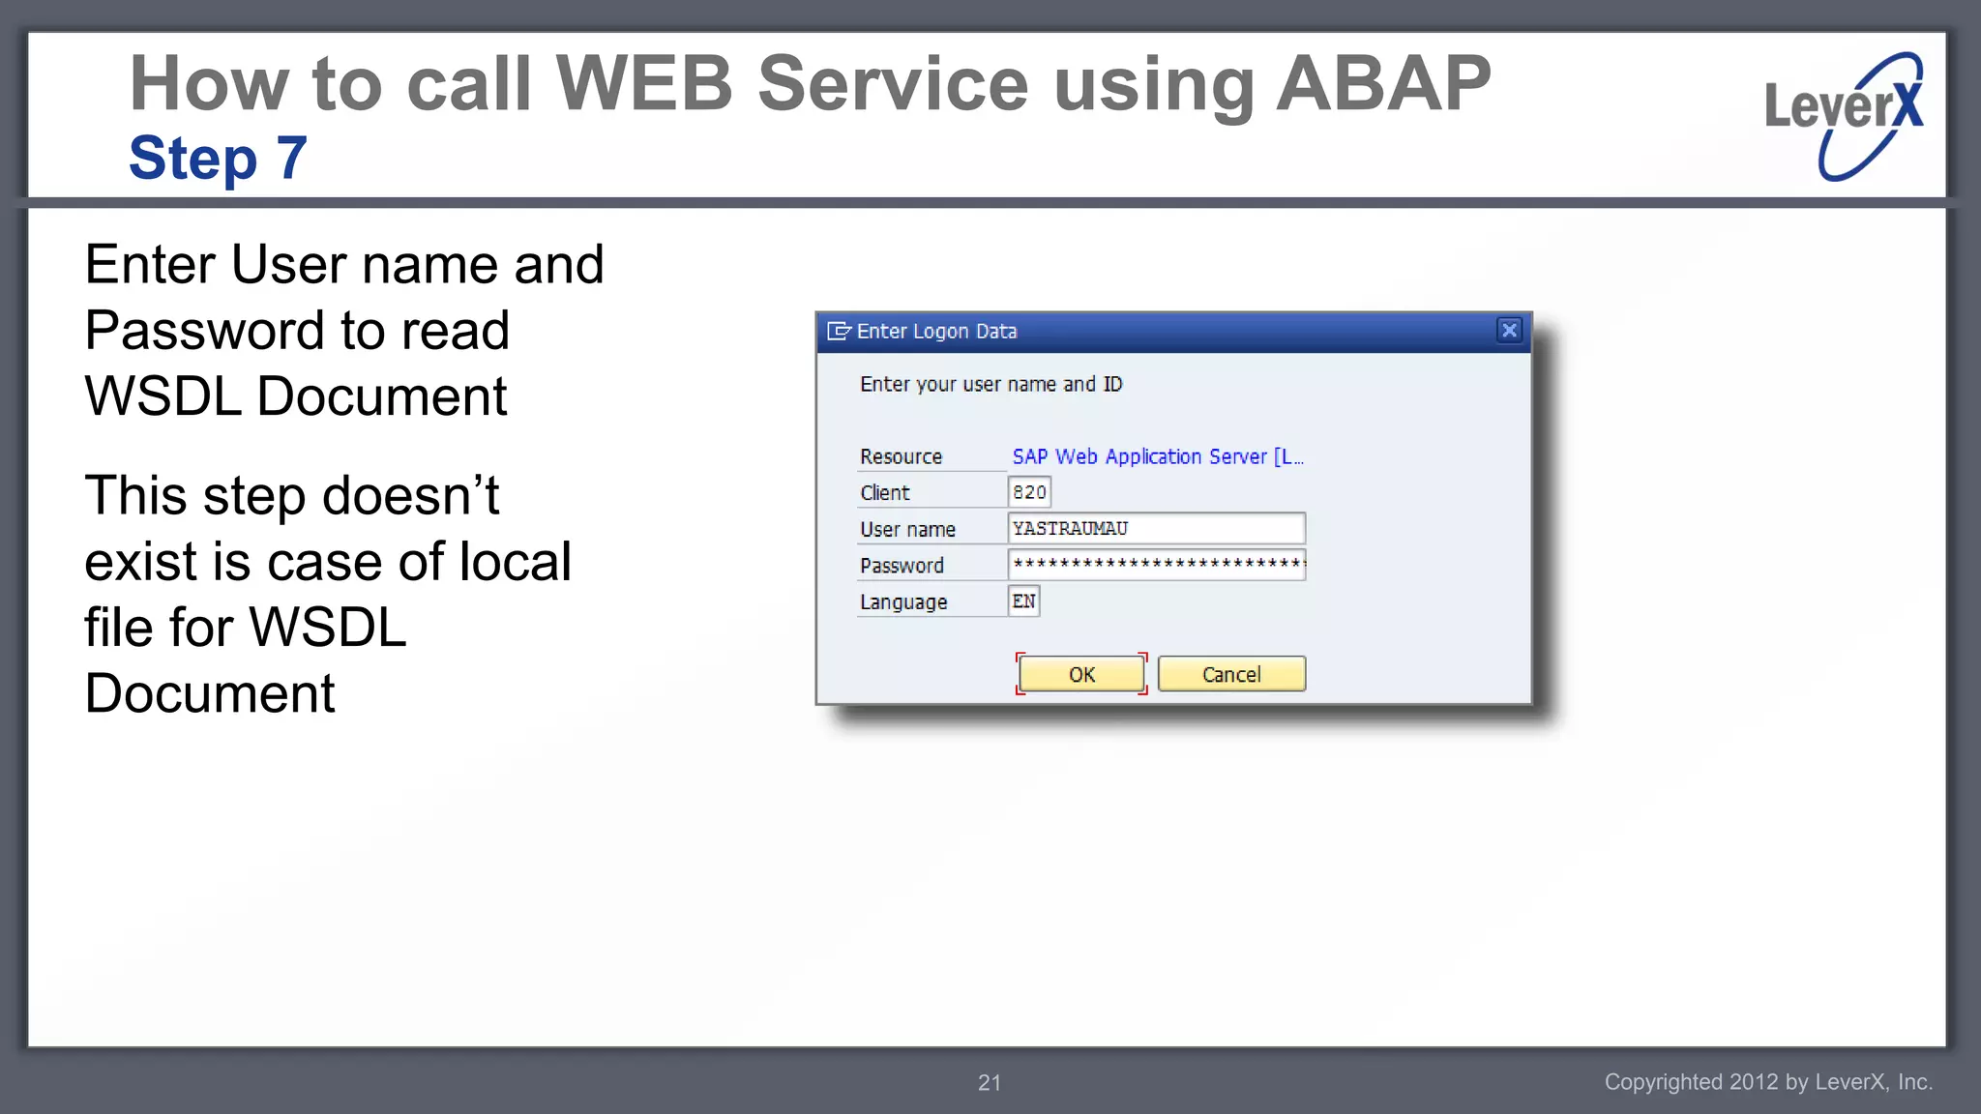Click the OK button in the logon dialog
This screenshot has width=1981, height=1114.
(x=1081, y=674)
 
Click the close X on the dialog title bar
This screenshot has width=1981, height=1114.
(x=1509, y=331)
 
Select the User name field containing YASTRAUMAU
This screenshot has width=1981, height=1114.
(x=1156, y=529)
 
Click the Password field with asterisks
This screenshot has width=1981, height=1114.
(x=1156, y=565)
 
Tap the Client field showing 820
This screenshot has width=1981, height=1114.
(x=1029, y=492)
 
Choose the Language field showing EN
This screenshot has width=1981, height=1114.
(x=1023, y=601)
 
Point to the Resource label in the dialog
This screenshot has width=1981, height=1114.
(x=901, y=456)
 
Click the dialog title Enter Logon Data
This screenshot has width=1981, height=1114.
(x=936, y=332)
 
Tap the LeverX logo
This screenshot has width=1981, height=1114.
(x=1844, y=115)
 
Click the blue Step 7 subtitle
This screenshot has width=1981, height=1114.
(x=218, y=158)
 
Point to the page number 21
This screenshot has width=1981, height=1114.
(x=990, y=1083)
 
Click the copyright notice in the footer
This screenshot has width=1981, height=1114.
(x=1768, y=1082)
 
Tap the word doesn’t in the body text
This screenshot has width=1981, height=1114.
(x=410, y=496)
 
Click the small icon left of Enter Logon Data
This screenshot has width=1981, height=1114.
(x=838, y=332)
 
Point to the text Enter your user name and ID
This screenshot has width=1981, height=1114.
(x=990, y=385)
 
